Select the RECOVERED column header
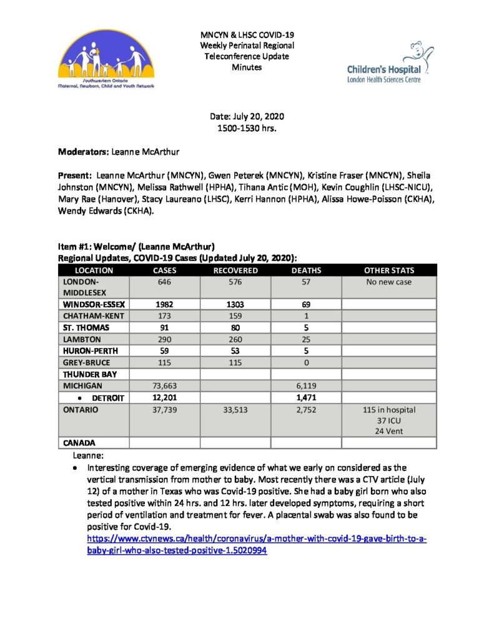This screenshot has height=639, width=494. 235,270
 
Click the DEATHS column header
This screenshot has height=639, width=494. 306,270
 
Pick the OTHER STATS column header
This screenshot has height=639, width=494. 389,270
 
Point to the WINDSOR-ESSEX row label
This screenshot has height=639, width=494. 94,304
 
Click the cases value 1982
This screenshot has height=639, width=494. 165,304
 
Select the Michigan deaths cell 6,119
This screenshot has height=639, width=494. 306,386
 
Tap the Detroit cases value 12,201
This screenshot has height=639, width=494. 165,398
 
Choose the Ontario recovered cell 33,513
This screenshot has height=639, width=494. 235,410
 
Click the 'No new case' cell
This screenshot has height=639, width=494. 389,282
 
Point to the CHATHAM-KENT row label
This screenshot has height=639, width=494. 94,316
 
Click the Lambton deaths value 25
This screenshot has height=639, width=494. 306,339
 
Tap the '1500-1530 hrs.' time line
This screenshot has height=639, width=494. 247,128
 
